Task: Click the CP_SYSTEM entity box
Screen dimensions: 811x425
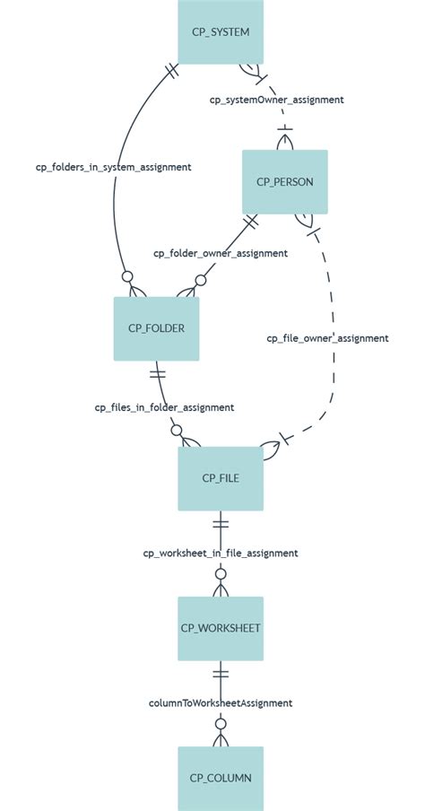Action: click(x=221, y=31)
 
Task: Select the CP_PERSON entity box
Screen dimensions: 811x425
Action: click(x=285, y=181)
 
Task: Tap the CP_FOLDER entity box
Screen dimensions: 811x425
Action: click(x=156, y=328)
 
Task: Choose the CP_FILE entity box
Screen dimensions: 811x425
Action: click(x=221, y=478)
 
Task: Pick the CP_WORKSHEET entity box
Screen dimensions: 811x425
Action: click(x=221, y=628)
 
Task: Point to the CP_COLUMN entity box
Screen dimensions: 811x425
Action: click(x=221, y=778)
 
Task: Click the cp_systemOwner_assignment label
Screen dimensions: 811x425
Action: click(x=276, y=100)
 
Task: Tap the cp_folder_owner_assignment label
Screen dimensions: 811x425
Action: click(x=221, y=253)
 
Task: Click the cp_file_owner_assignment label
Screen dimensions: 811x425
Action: click(x=327, y=338)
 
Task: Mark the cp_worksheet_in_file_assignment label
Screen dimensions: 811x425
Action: click(x=221, y=554)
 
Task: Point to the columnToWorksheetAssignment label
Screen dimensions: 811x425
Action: click(x=221, y=703)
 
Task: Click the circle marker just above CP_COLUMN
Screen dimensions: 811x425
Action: click(x=221, y=724)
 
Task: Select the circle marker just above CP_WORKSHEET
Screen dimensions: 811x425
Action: click(x=221, y=574)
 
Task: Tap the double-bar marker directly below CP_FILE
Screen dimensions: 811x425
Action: click(x=221, y=523)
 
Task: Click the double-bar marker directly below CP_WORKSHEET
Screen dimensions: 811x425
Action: click(x=221, y=673)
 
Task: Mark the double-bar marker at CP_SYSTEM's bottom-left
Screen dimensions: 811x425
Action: click(x=173, y=72)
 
